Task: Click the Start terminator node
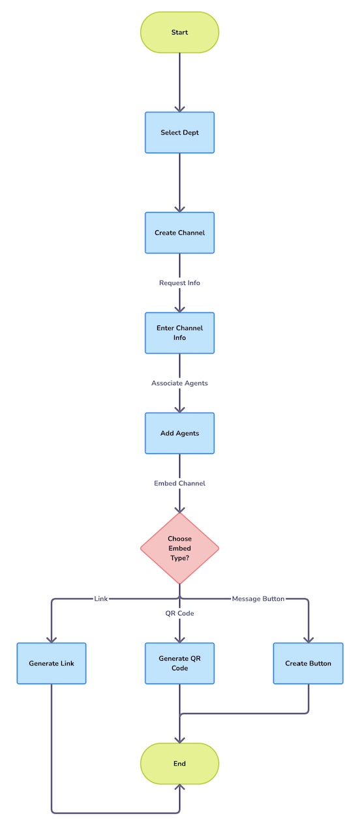point(179,32)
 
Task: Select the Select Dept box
point(179,132)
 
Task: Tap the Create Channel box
point(179,233)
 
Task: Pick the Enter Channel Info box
point(179,333)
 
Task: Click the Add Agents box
point(179,433)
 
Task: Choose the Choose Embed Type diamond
point(179,549)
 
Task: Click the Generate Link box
point(52,663)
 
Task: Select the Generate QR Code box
point(179,663)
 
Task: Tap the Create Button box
point(308,663)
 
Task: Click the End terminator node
point(179,764)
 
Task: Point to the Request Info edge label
point(179,283)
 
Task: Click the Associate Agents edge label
point(179,383)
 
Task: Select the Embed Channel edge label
point(179,483)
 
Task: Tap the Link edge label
point(101,599)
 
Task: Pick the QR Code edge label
point(179,613)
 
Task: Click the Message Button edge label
point(258,599)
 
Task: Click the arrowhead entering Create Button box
point(308,640)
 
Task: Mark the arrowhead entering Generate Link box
point(52,640)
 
